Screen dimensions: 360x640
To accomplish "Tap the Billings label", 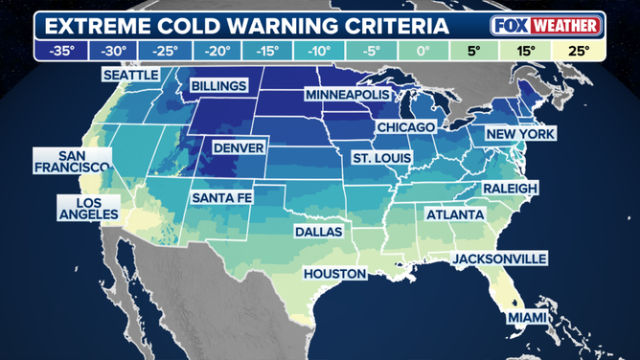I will [219, 86].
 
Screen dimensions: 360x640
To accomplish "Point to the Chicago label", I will [406, 126].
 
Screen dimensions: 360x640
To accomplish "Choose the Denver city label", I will [239, 148].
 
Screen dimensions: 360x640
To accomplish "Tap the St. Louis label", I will [380, 157].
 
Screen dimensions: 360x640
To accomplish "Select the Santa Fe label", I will [222, 197].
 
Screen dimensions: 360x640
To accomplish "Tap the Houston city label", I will [334, 274].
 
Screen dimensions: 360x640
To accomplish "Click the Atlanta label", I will [455, 214].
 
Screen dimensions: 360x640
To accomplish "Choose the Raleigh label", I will [509, 188].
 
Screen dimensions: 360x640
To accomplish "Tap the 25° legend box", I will [578, 50].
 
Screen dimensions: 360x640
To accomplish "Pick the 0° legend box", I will [423, 50].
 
